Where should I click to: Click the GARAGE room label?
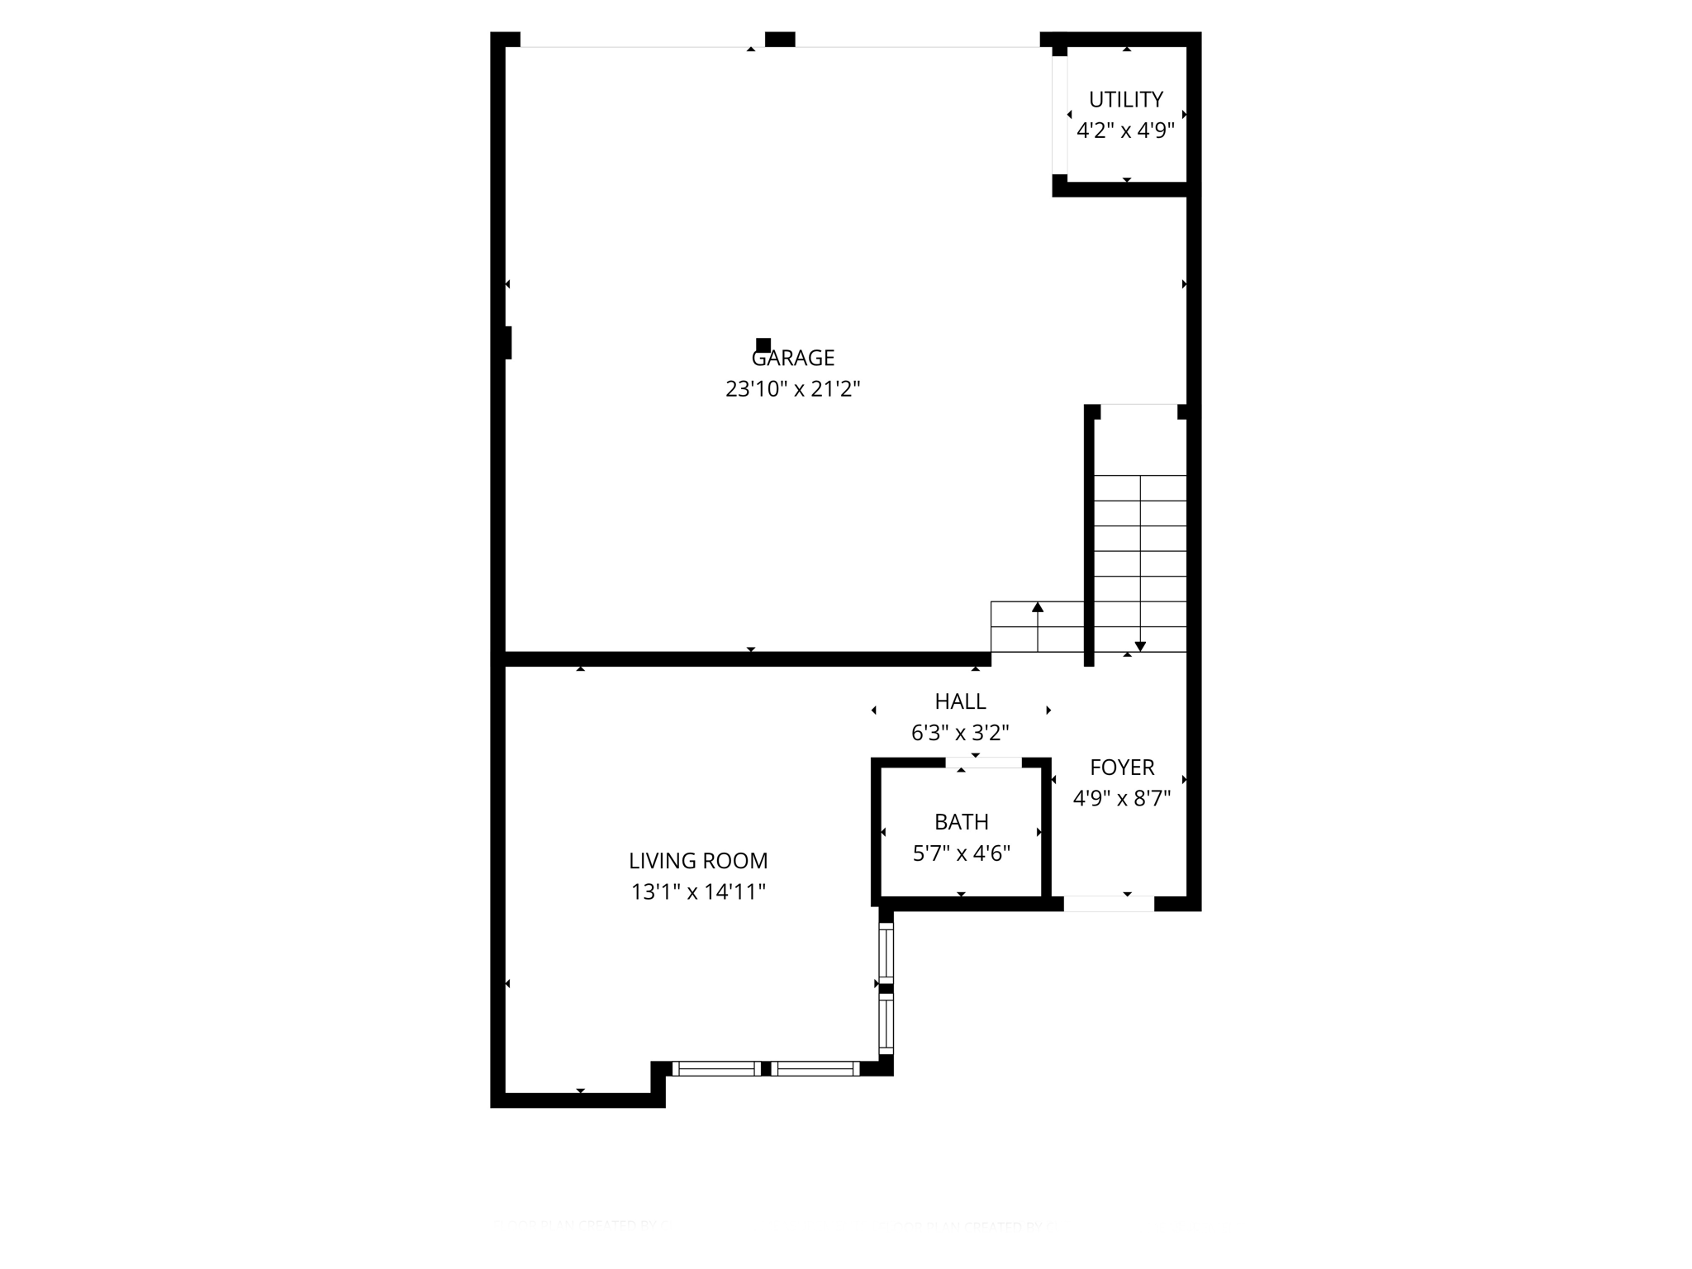[793, 358]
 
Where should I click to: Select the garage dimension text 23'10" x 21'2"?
[793, 389]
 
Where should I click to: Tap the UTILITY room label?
[1126, 100]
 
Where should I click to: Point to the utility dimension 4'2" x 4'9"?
[1126, 131]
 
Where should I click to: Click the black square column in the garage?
[763, 345]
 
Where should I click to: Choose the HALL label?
[960, 701]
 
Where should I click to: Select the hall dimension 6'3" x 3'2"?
[960, 733]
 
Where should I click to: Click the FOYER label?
[1122, 768]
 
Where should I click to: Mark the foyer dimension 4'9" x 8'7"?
[1122, 799]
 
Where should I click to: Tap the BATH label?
[962, 822]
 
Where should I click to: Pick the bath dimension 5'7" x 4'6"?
[962, 853]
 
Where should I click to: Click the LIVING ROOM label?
[698, 861]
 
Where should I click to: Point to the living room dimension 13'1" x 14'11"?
[698, 892]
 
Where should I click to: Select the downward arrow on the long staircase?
[1140, 645]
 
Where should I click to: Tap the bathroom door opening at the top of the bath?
[983, 763]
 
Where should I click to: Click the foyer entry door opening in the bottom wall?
[1108, 904]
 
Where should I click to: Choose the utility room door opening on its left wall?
[1059, 115]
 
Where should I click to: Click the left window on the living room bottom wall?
[716, 1068]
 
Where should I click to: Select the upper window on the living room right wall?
[886, 953]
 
